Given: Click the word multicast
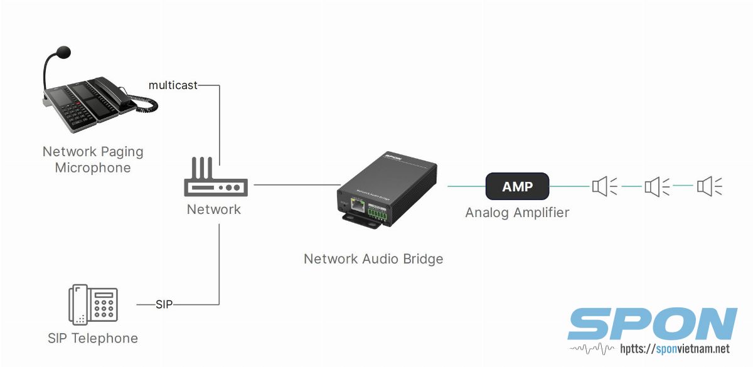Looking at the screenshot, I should (x=173, y=85).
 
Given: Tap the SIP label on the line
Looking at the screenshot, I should (x=164, y=304).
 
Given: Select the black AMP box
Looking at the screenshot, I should (x=517, y=186).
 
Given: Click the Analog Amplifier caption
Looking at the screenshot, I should (x=517, y=213).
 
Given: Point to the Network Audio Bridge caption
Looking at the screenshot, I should (x=373, y=258).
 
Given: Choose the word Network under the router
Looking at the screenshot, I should (x=214, y=210).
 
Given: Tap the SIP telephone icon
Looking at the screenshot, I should (x=92, y=305).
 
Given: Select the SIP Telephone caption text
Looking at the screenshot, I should (x=93, y=338).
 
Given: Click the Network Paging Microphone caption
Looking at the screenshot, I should (x=93, y=159).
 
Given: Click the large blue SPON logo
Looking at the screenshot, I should (x=652, y=324).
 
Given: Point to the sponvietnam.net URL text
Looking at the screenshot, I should (x=675, y=349).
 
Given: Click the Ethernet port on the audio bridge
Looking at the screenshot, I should (x=357, y=204).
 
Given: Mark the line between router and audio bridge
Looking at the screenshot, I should (x=295, y=185).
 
